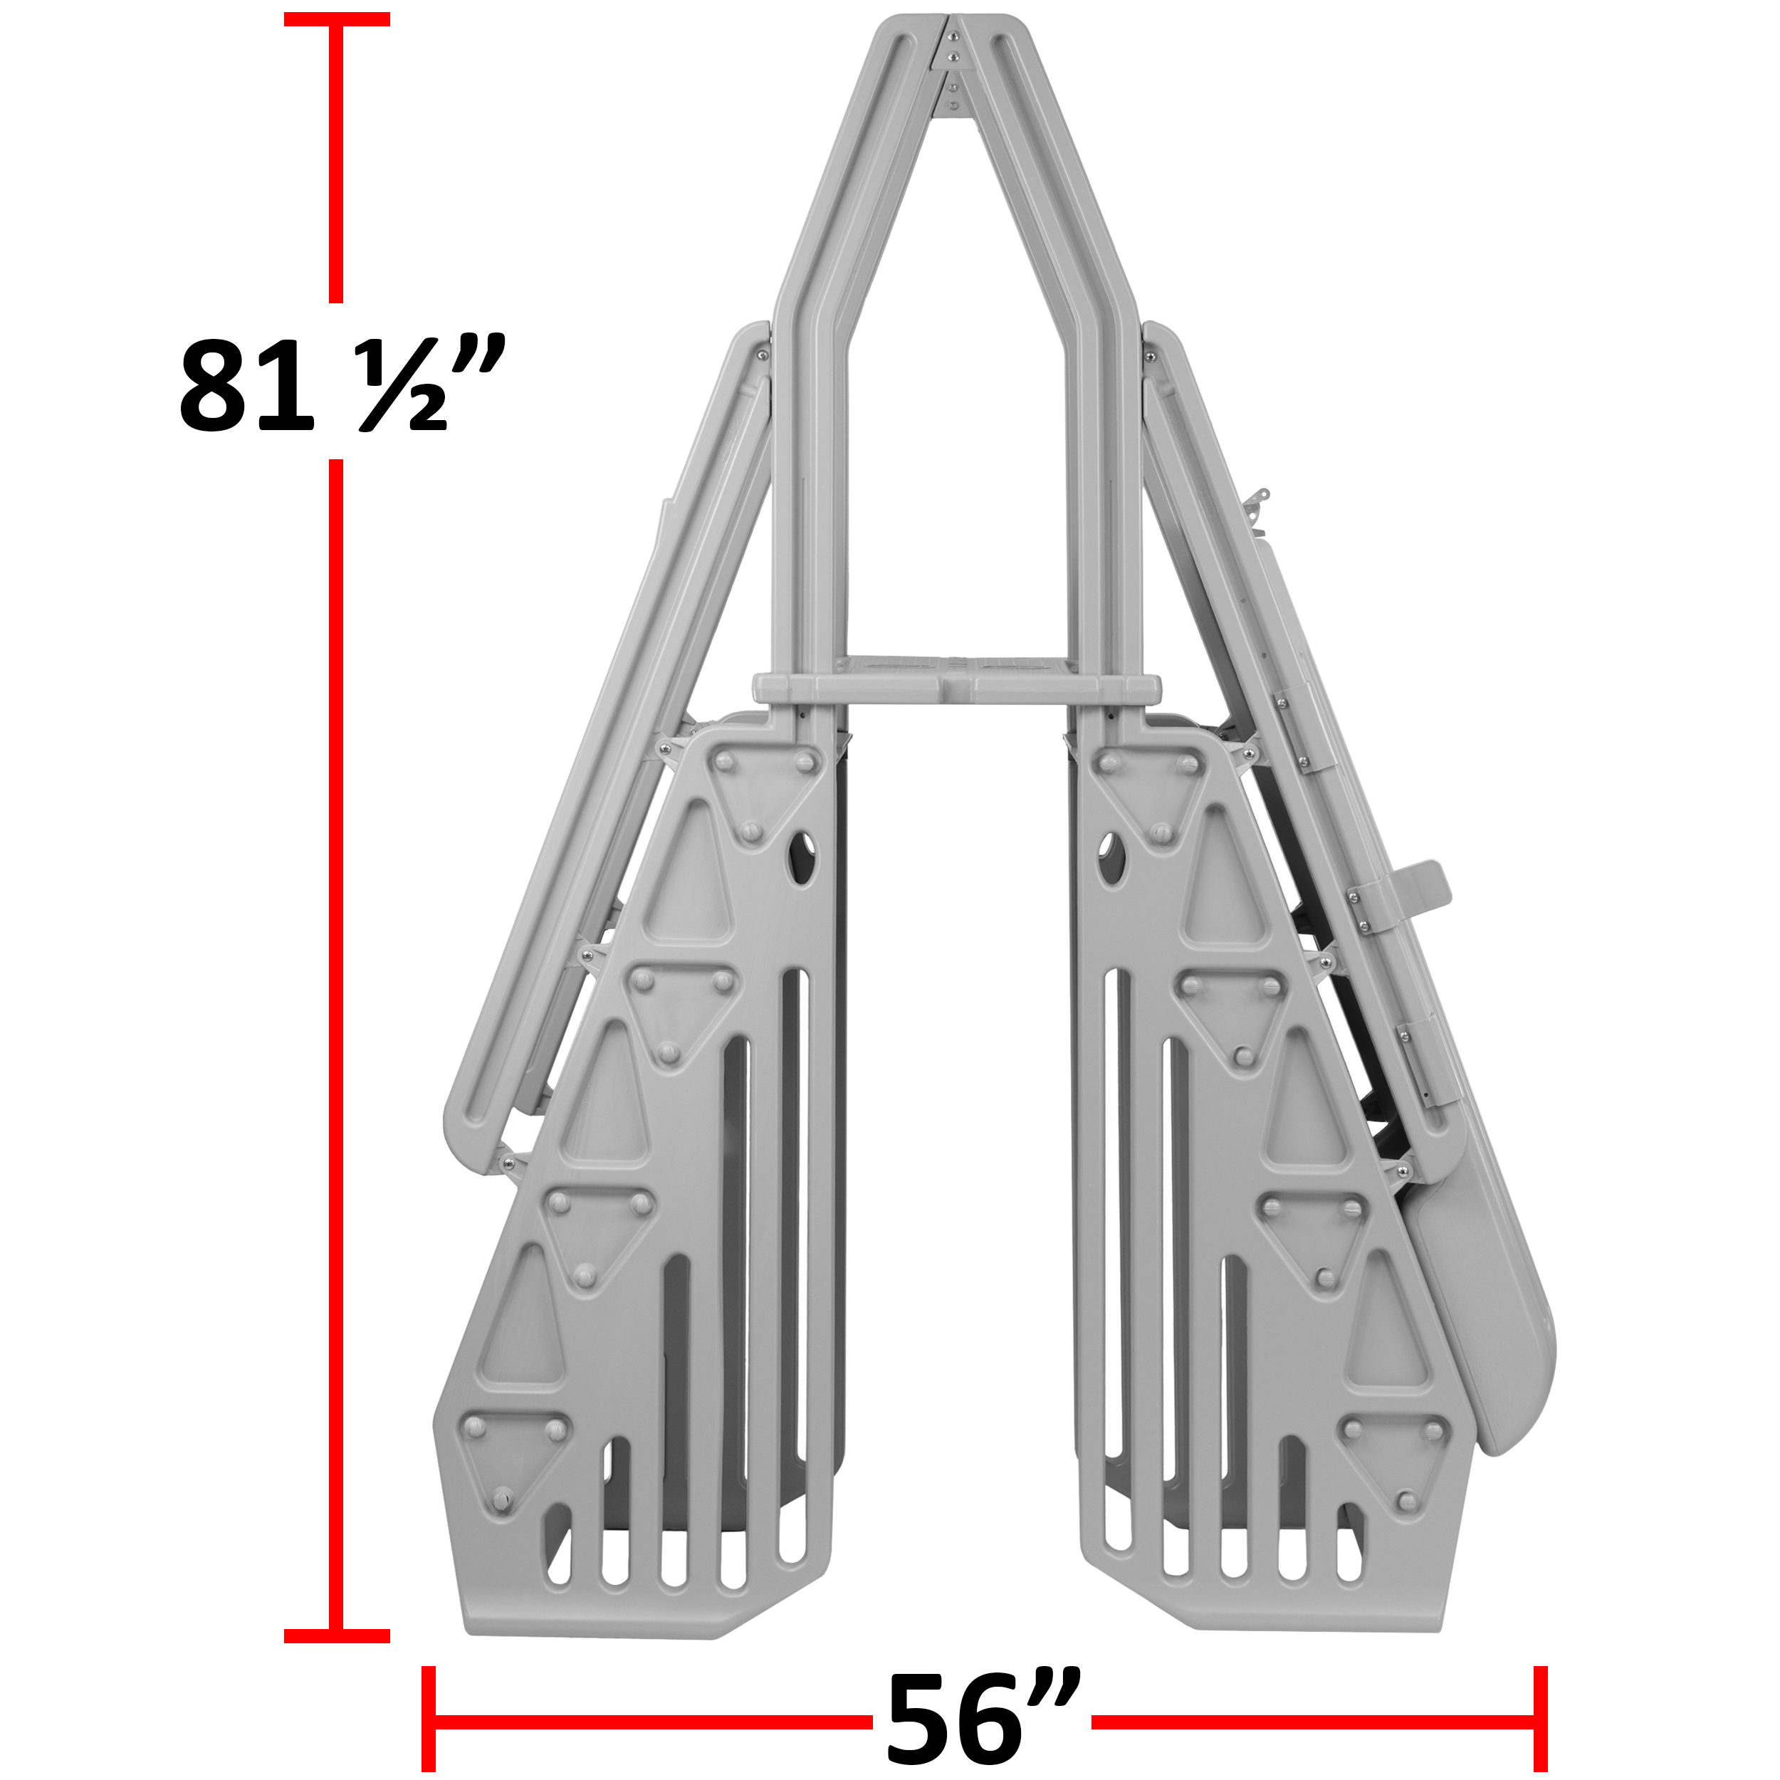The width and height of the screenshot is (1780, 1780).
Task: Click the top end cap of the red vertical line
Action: point(336,19)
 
